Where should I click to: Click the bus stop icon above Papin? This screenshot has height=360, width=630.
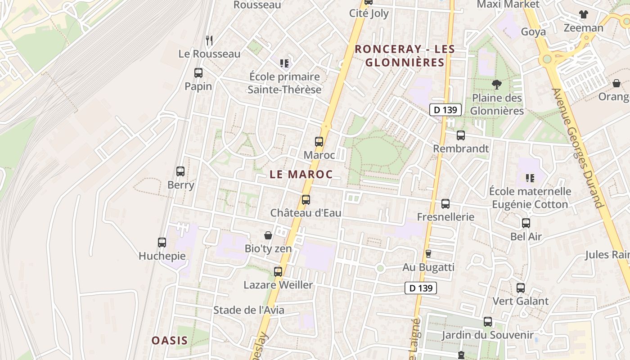pos(198,72)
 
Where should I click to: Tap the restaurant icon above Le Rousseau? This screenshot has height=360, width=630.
pos(209,40)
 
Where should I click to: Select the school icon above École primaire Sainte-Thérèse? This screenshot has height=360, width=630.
pos(284,63)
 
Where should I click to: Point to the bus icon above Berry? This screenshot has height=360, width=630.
pos(180,171)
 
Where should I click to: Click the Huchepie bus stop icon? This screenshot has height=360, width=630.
pos(162,243)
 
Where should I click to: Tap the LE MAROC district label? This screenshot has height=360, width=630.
pos(301,175)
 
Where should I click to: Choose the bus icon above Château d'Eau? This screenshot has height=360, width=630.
pos(306,199)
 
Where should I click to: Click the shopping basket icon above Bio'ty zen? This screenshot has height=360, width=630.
pos(268,235)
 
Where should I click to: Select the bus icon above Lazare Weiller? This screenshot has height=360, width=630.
pos(278,271)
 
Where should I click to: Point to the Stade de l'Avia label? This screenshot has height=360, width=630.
pos(249,310)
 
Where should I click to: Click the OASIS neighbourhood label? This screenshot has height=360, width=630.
pos(169,340)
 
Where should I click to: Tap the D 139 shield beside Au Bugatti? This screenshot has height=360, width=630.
pos(421,288)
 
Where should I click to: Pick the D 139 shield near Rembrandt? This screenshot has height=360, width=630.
pos(445,110)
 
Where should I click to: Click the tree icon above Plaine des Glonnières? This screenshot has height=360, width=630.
pos(497,84)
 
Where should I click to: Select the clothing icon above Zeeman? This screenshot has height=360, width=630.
pos(584,14)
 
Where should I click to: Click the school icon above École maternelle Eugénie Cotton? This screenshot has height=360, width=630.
pos(530,178)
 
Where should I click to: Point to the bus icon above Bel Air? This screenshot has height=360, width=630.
pos(526,223)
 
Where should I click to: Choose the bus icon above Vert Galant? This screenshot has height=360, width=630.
pos(521,288)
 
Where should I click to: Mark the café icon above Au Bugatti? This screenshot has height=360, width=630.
pos(428,254)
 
